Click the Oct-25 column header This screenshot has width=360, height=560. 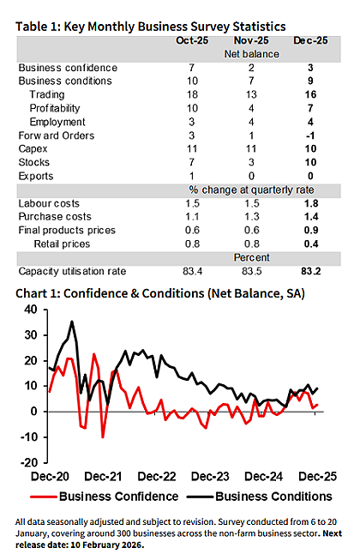point(192,40)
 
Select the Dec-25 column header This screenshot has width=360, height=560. point(310,40)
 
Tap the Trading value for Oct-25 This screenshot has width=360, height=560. point(192,94)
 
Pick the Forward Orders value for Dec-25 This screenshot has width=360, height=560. point(310,135)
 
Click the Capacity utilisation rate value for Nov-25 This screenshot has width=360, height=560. point(251,272)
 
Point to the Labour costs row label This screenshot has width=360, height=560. point(49,203)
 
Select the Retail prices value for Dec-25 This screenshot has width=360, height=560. point(311,244)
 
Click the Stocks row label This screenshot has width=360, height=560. point(34,162)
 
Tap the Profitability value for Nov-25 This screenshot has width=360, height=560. point(251,108)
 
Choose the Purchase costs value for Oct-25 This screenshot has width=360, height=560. point(192,217)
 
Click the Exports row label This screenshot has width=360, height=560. point(36,176)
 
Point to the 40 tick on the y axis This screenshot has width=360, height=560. point(31,310)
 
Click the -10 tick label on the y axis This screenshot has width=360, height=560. point(29,437)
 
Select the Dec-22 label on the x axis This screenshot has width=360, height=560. point(157,477)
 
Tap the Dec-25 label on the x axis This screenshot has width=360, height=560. point(317,477)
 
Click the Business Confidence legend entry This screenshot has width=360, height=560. point(105,497)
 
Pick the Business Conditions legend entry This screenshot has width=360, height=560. point(260,497)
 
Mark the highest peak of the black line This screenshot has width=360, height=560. point(72,322)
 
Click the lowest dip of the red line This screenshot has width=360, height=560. point(103,437)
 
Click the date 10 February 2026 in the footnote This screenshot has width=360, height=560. point(107,545)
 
